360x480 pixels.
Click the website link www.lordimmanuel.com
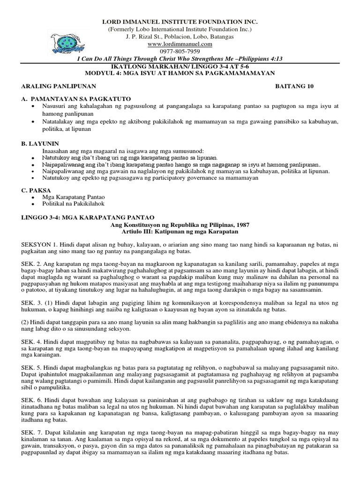(x=180, y=44)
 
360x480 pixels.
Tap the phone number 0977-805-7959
(x=180, y=51)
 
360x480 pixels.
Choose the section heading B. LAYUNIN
(x=41, y=143)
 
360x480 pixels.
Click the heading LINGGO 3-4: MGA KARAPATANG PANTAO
(x=87, y=217)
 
